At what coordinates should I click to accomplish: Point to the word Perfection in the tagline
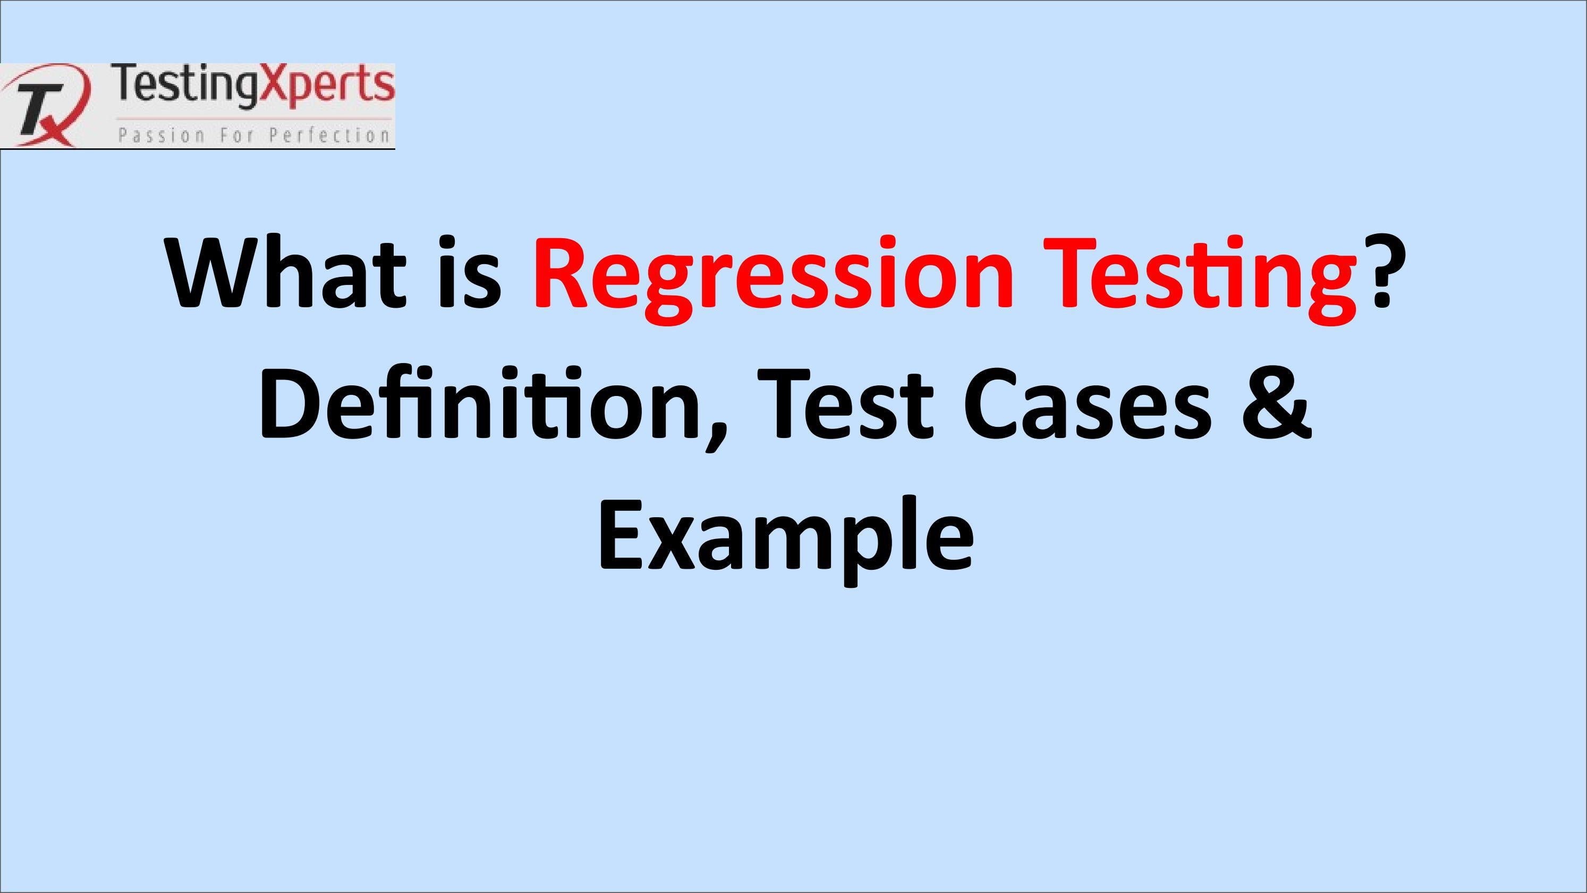coord(329,135)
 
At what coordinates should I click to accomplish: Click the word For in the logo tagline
coord(236,135)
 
